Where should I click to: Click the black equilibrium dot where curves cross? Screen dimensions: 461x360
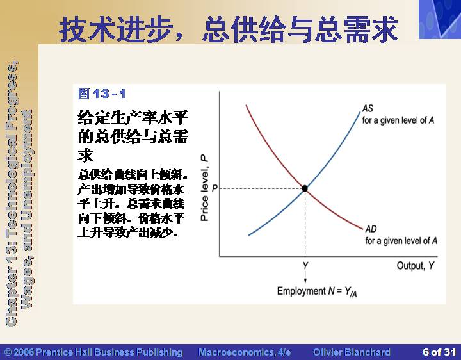coord(305,188)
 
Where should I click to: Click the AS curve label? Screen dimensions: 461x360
coord(368,108)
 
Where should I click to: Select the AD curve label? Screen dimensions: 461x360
coord(371,229)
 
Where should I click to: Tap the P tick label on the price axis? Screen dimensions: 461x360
coord(214,188)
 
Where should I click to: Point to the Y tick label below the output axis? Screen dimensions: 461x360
coord(305,266)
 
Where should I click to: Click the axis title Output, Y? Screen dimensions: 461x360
coord(416,266)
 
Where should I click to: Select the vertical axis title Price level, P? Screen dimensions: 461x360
coord(204,188)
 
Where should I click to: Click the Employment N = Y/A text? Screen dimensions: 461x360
coord(317,291)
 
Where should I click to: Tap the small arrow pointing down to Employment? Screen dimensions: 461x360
coord(305,277)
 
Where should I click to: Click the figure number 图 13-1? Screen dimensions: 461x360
coord(102,94)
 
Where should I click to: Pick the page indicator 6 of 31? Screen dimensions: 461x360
coord(439,352)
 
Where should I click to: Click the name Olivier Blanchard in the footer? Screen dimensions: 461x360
coord(352,352)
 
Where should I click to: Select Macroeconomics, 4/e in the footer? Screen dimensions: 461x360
coord(245,352)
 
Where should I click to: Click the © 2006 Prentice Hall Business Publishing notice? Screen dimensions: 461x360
coord(93,352)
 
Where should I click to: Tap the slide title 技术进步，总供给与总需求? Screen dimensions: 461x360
coord(229,29)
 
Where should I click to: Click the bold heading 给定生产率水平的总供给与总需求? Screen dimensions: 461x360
coord(133,136)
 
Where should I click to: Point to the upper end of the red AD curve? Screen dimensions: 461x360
coord(246,105)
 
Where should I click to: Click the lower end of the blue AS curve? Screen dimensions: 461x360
coord(248,235)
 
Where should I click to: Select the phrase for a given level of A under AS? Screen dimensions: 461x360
coord(398,120)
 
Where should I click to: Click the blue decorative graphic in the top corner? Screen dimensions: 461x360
coord(440,19)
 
